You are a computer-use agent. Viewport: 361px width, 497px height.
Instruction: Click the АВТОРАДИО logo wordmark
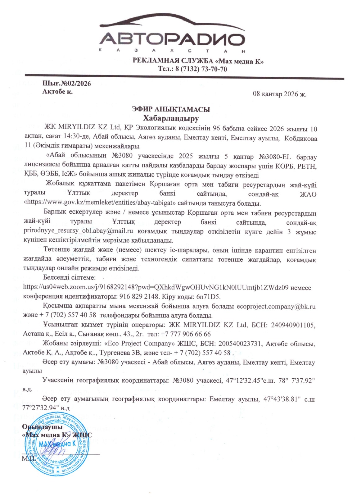pos(172,40)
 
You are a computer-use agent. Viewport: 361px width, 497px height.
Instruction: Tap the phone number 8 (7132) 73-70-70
pos(201,69)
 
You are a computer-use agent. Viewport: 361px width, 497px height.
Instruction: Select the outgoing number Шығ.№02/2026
pos(66,84)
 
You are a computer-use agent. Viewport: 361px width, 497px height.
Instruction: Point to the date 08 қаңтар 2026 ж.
pos(279,94)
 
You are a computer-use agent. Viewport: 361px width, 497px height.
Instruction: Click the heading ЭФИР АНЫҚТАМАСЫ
pos(171,109)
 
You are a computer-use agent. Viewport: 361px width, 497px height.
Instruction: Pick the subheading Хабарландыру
pos(171,118)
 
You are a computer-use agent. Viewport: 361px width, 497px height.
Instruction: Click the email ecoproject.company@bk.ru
pos(276,306)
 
